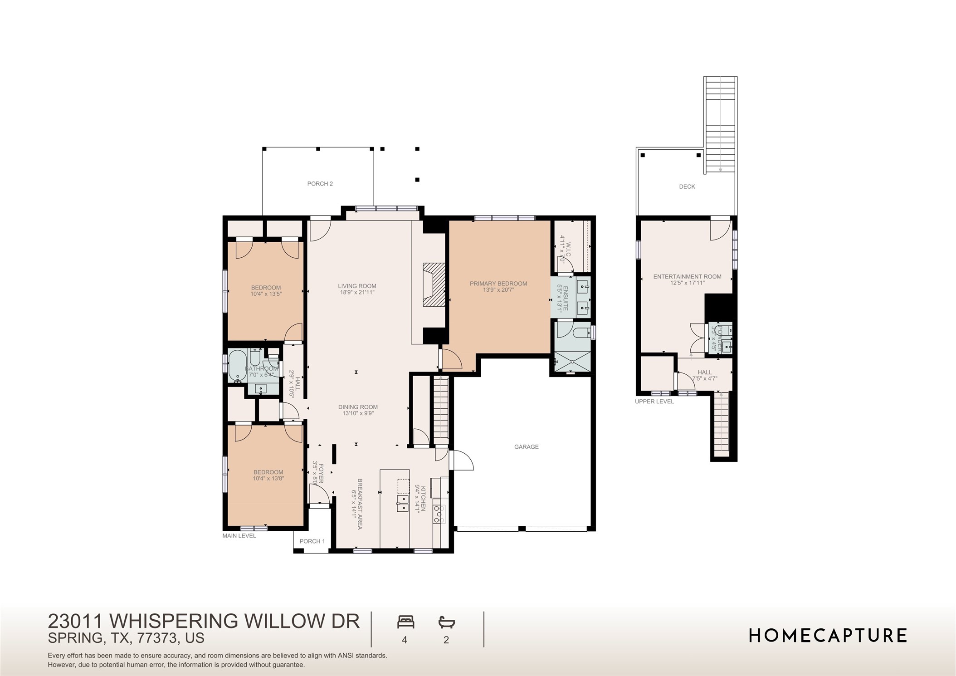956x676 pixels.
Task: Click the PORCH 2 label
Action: (320, 184)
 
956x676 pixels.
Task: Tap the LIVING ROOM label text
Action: (357, 286)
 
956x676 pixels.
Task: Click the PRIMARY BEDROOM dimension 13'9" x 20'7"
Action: (498, 290)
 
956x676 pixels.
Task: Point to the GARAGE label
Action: (526, 447)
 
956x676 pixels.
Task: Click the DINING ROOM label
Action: (358, 407)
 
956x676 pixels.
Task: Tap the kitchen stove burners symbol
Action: (439, 514)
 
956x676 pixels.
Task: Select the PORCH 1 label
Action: (312, 541)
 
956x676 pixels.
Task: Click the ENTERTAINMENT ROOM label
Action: (687, 276)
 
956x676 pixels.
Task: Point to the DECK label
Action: (687, 186)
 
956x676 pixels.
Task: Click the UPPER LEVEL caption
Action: (654, 402)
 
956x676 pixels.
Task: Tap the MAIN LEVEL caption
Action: (239, 536)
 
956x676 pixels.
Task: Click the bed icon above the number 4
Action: (405, 622)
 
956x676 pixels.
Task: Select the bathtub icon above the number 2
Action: (446, 622)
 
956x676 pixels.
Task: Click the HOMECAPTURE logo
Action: (827, 635)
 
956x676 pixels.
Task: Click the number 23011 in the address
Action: (75, 621)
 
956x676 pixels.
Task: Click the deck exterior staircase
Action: (720, 125)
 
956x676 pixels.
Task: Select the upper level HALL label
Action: (704, 372)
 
